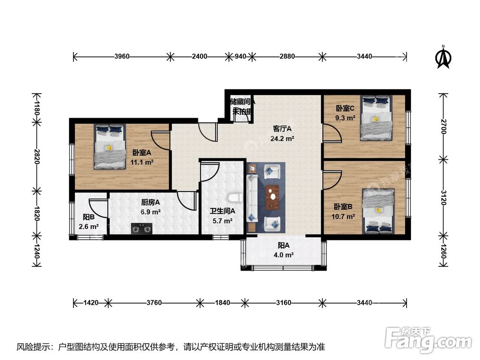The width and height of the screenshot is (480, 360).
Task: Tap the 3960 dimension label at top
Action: click(x=122, y=56)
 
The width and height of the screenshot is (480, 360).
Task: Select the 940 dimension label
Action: click(x=240, y=56)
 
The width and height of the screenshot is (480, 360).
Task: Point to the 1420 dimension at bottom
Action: click(x=91, y=303)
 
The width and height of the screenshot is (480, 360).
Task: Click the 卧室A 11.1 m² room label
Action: click(x=143, y=157)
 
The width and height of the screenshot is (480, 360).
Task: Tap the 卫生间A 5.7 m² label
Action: click(x=222, y=216)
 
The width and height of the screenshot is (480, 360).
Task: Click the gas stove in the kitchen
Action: click(x=141, y=228)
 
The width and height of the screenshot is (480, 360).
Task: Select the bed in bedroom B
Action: click(x=378, y=210)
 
